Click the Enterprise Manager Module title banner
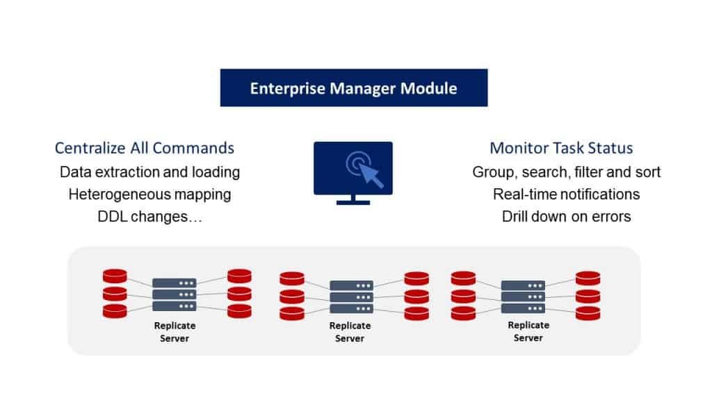[354, 88]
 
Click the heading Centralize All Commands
[145, 149]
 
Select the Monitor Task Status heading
[561, 149]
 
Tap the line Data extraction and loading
[150, 172]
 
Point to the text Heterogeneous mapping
[150, 194]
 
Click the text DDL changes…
[150, 217]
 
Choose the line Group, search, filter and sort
[566, 172]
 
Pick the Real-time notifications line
[566, 194]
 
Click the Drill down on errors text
[566, 217]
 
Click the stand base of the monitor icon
[353, 202]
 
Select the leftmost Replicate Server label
[175, 332]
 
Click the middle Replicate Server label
[350, 332]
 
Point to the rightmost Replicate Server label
[528, 331]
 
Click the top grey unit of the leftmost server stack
[175, 283]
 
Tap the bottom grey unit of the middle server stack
[351, 309]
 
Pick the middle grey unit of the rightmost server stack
[523, 297]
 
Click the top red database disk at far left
[115, 276]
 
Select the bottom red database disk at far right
[588, 313]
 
